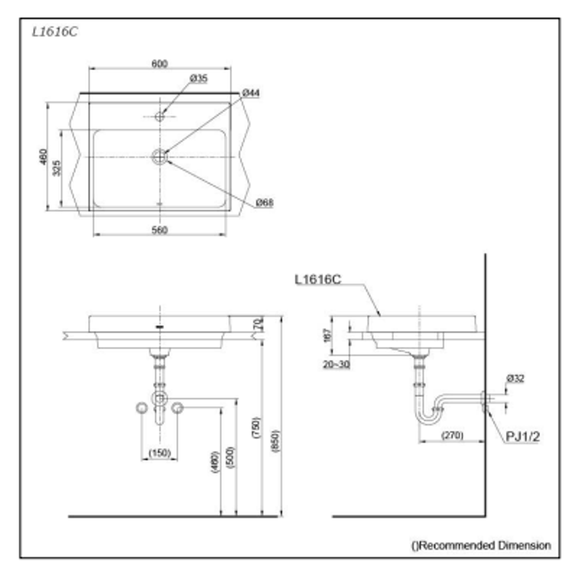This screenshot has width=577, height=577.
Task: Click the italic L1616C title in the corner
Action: point(54,32)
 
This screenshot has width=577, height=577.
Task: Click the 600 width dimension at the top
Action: point(159,64)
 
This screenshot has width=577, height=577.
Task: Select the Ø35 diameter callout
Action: point(199,79)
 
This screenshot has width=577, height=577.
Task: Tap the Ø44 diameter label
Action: point(251,93)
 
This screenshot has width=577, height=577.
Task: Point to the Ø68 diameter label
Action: point(264,202)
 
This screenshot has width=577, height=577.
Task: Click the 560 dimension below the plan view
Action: point(159,230)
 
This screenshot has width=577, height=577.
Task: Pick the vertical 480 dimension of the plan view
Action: point(44,157)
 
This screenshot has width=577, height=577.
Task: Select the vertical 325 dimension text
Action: point(58,168)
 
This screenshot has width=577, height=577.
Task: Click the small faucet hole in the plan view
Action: point(159,116)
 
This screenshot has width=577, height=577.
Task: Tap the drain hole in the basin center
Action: point(159,157)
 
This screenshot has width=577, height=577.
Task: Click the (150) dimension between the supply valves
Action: point(159,453)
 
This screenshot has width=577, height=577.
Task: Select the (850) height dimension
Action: point(276,441)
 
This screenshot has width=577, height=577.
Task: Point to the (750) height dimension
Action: point(256,428)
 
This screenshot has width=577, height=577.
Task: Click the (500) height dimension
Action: point(230,457)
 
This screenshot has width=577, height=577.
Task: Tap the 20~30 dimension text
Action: point(337,364)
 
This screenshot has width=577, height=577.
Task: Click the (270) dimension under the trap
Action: point(452,435)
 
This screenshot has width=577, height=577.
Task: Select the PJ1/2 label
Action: point(523,436)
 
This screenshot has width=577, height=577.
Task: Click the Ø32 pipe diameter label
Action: point(515,378)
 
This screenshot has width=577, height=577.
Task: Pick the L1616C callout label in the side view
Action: point(318,279)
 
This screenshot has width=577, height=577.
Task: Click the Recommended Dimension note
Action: point(481,545)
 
